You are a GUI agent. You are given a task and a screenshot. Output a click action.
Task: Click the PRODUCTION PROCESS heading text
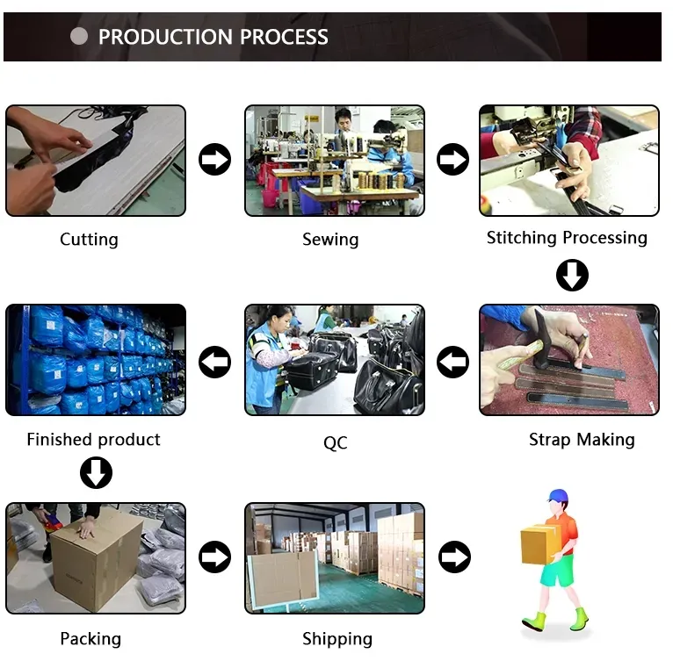pos(213,37)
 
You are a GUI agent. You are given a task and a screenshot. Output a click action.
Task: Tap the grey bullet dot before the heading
pos(79,36)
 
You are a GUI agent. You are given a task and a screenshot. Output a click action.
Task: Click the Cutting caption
pos(89,240)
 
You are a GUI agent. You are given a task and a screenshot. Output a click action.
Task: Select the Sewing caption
pos(330,240)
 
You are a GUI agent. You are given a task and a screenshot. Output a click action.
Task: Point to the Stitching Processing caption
pos(567,238)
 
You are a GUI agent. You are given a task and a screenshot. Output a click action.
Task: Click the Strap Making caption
pos(582,440)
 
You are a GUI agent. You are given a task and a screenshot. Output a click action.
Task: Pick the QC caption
pos(335,443)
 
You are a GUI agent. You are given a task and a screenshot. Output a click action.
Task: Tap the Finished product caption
pos(94,440)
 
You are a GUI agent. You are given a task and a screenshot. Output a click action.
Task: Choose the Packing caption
pos(90,638)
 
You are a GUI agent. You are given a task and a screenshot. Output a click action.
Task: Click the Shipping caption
pos(337,638)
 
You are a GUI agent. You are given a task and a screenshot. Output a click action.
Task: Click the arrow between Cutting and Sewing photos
pos(214,160)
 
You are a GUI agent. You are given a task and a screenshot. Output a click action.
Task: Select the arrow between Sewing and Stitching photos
pos(453,160)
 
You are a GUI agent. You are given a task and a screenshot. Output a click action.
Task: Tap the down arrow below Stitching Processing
pos(572,276)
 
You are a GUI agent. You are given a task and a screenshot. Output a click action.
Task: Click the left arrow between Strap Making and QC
pos(453,361)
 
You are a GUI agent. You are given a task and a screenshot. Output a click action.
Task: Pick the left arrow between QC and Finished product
pos(214,361)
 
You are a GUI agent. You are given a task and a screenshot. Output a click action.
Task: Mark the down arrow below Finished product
pos(96,473)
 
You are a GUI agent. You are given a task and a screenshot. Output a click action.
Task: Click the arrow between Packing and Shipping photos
pos(214,557)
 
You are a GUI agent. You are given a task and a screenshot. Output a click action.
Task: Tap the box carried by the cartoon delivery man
pos(539,544)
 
